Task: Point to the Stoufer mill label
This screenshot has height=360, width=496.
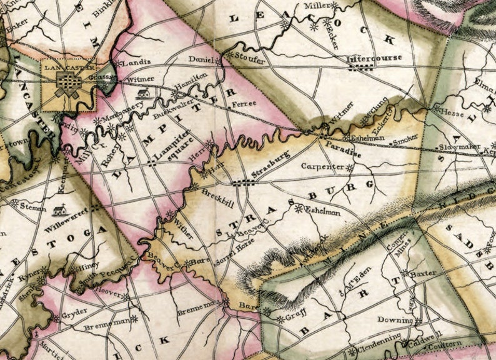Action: (249, 61)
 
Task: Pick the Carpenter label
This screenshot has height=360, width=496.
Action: (322, 167)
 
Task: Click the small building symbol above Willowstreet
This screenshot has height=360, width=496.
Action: (59, 211)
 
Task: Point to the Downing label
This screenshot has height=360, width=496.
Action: (395, 320)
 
